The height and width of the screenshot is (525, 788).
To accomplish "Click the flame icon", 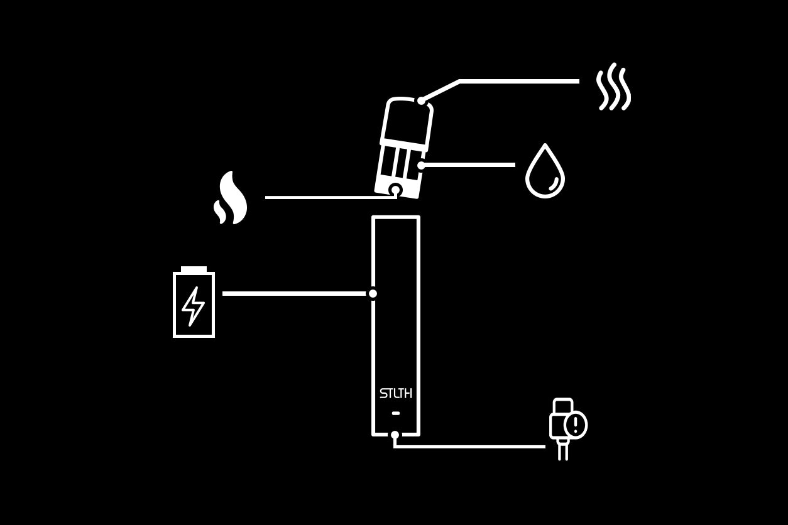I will [231, 198].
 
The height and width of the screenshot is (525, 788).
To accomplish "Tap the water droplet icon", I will [545, 173].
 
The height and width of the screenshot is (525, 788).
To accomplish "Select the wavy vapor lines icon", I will [613, 87].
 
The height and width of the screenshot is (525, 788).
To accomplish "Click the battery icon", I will [194, 303].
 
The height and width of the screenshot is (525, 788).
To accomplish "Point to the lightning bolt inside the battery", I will [193, 306].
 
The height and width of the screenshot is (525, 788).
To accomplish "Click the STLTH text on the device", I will [396, 394].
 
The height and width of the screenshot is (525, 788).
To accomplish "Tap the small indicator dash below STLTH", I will [396, 413].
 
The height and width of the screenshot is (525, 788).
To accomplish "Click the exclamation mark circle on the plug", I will [576, 425].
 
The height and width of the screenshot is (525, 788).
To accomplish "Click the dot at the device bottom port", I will [395, 435].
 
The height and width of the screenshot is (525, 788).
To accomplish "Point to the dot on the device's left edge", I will [373, 293].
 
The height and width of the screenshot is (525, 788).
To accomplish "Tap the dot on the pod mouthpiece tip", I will [421, 100].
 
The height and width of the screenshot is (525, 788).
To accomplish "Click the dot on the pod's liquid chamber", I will [421, 165].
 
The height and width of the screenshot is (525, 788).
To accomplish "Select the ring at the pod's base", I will [395, 189].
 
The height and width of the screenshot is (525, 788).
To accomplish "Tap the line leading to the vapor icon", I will [519, 81].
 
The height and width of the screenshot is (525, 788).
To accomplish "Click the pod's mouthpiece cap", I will [407, 123].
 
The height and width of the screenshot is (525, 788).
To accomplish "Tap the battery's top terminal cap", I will [194, 269].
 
